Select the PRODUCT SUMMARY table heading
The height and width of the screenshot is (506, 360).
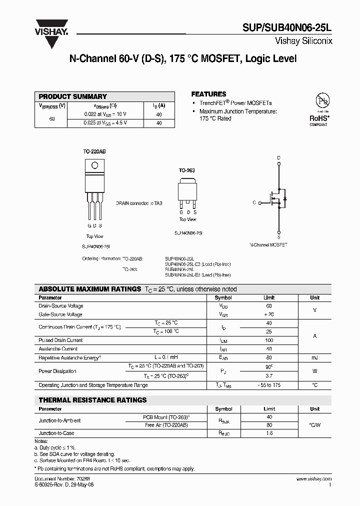pos(73,96)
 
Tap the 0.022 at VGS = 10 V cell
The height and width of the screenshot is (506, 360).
pos(105,114)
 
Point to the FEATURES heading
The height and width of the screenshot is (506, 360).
pos(208,94)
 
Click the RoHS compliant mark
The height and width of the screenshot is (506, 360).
pos(318,120)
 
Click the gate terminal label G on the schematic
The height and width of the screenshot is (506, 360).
pos(254,202)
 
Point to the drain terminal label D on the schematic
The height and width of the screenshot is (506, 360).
pos(278,158)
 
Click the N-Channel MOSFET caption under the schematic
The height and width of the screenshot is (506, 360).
pos(268,245)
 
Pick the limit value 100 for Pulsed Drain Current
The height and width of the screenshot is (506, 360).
pos(269,340)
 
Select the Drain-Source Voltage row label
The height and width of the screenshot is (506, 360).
pos(61,306)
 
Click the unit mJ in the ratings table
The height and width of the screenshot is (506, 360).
pos(314,358)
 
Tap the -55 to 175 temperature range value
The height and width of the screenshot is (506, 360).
pos(269,385)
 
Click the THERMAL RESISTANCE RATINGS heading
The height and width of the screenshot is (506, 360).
pos(93,400)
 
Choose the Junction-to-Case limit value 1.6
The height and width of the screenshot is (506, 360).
pos(269,433)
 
